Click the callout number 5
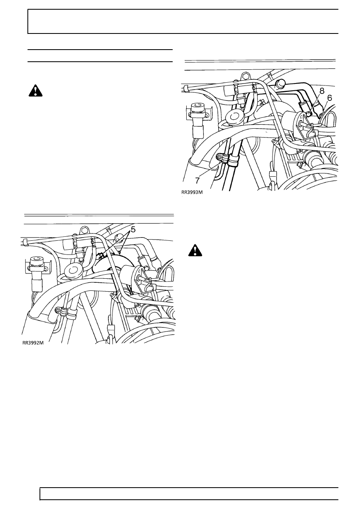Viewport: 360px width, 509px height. pos(133,230)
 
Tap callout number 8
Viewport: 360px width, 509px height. pos(322,91)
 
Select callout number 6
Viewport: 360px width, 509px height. pos(330,98)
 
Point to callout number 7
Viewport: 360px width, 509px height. pos(198,180)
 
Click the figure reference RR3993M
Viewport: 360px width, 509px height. pos(192,192)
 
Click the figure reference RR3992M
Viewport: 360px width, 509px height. pos(33,349)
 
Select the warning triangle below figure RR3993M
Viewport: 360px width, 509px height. pos(195,250)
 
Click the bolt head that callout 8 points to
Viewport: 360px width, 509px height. pos(308,114)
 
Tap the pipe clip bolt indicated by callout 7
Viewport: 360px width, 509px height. pos(219,156)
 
